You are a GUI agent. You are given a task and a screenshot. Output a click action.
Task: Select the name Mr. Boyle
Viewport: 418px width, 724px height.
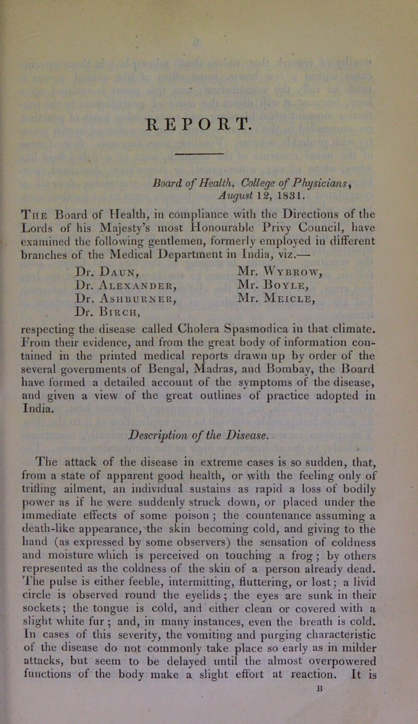(x=260, y=255)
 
